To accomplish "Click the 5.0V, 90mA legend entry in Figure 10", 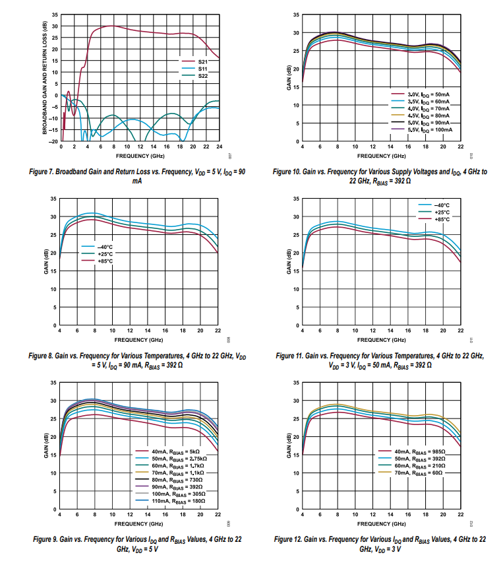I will (x=429, y=123).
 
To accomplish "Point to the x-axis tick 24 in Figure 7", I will (x=218, y=147).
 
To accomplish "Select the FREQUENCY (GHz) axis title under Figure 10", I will (x=382, y=156).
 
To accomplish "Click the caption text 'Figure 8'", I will (x=44, y=356).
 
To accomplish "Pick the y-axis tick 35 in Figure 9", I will (x=54, y=383).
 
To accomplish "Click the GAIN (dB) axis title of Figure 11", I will (x=289, y=263).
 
